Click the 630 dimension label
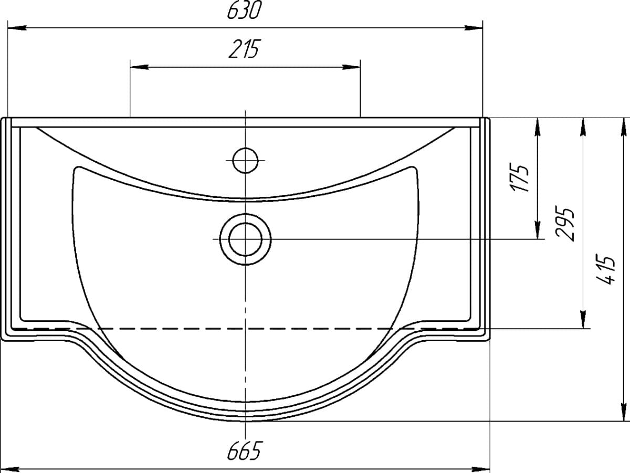click(245, 10)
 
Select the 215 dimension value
click(244, 49)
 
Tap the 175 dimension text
click(520, 177)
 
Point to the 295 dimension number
click(565, 223)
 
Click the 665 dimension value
click(245, 450)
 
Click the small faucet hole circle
click(245, 161)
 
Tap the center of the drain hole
click(245, 239)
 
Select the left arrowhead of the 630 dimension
click(17, 28)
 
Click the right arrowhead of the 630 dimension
click(473, 28)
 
